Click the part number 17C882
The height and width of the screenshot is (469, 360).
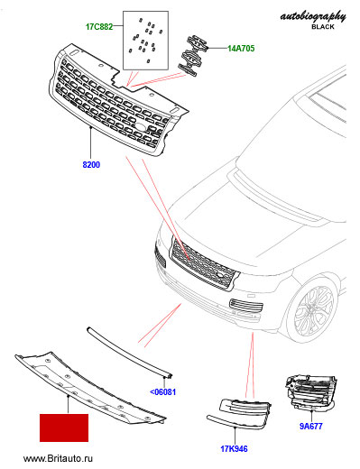click(99, 26)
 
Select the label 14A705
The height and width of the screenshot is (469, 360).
click(241, 48)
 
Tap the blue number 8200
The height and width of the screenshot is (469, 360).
click(91, 164)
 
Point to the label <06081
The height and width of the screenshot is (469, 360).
click(162, 392)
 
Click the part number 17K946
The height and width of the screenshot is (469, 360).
click(234, 449)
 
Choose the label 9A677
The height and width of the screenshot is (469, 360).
click(311, 426)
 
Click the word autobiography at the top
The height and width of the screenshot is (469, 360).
click(313, 16)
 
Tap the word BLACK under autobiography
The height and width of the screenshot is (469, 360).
click(323, 27)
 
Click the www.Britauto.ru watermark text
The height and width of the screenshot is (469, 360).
click(58, 458)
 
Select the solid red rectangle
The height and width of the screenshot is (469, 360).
click(64, 428)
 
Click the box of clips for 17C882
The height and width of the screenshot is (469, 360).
click(145, 41)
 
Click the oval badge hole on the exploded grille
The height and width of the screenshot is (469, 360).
click(141, 126)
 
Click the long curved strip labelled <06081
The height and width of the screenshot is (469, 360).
click(129, 351)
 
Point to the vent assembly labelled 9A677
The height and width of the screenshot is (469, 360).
click(310, 391)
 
